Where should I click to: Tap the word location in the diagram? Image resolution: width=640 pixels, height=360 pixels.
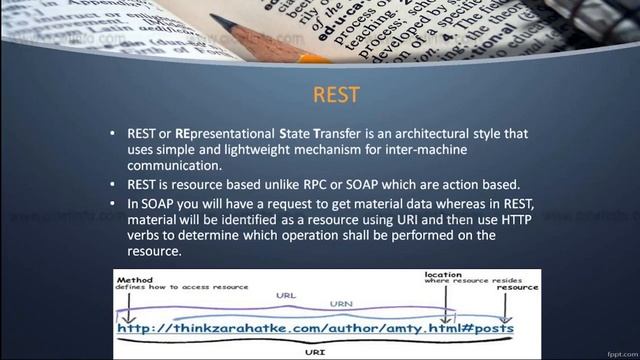click(443, 275)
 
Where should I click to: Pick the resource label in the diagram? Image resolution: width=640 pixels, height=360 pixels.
click(517, 286)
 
